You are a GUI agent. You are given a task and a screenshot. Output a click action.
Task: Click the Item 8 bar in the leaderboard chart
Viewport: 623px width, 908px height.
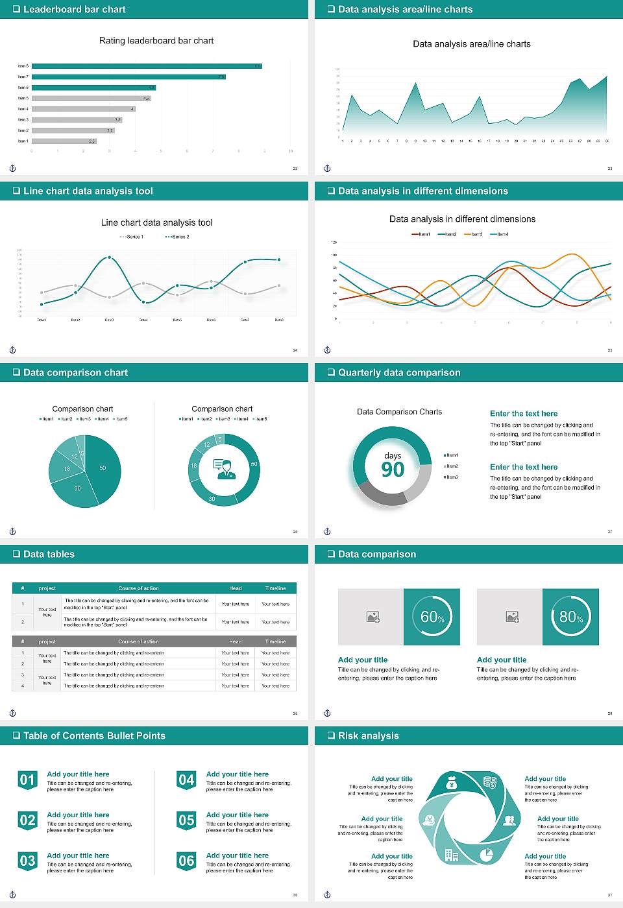coord(147,66)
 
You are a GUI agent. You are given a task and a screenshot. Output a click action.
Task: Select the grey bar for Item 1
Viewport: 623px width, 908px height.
coord(64,141)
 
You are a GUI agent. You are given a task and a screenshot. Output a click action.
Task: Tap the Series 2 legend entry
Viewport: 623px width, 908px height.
coord(177,237)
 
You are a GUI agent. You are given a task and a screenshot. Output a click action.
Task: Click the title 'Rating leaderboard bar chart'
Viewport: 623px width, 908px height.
coord(156,40)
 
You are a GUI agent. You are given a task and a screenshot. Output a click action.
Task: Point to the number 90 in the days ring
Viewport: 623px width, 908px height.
coord(393,470)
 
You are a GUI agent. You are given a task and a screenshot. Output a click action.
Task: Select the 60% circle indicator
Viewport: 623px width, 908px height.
coord(432,617)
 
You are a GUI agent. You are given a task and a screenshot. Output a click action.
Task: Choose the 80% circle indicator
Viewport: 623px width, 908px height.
coord(570,617)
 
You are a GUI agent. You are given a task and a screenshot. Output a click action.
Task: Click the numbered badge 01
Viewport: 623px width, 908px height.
coord(27,780)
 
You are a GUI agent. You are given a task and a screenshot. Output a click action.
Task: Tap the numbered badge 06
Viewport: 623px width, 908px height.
coord(186,861)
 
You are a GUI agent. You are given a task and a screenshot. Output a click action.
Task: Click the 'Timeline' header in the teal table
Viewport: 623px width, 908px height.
coord(275,588)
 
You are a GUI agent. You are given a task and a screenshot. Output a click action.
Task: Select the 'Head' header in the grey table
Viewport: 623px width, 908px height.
coord(236,641)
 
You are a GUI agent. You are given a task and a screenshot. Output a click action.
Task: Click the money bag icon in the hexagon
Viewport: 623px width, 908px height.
coord(452,785)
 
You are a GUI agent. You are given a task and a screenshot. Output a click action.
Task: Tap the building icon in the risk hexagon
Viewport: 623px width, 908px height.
coord(452,855)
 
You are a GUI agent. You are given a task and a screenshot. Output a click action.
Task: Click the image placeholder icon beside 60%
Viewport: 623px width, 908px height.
coord(373,617)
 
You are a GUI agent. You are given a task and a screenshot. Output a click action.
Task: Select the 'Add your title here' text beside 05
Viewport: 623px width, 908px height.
coord(237,815)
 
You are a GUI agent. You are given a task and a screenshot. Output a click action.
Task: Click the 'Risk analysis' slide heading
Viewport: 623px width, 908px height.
coord(368,736)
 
